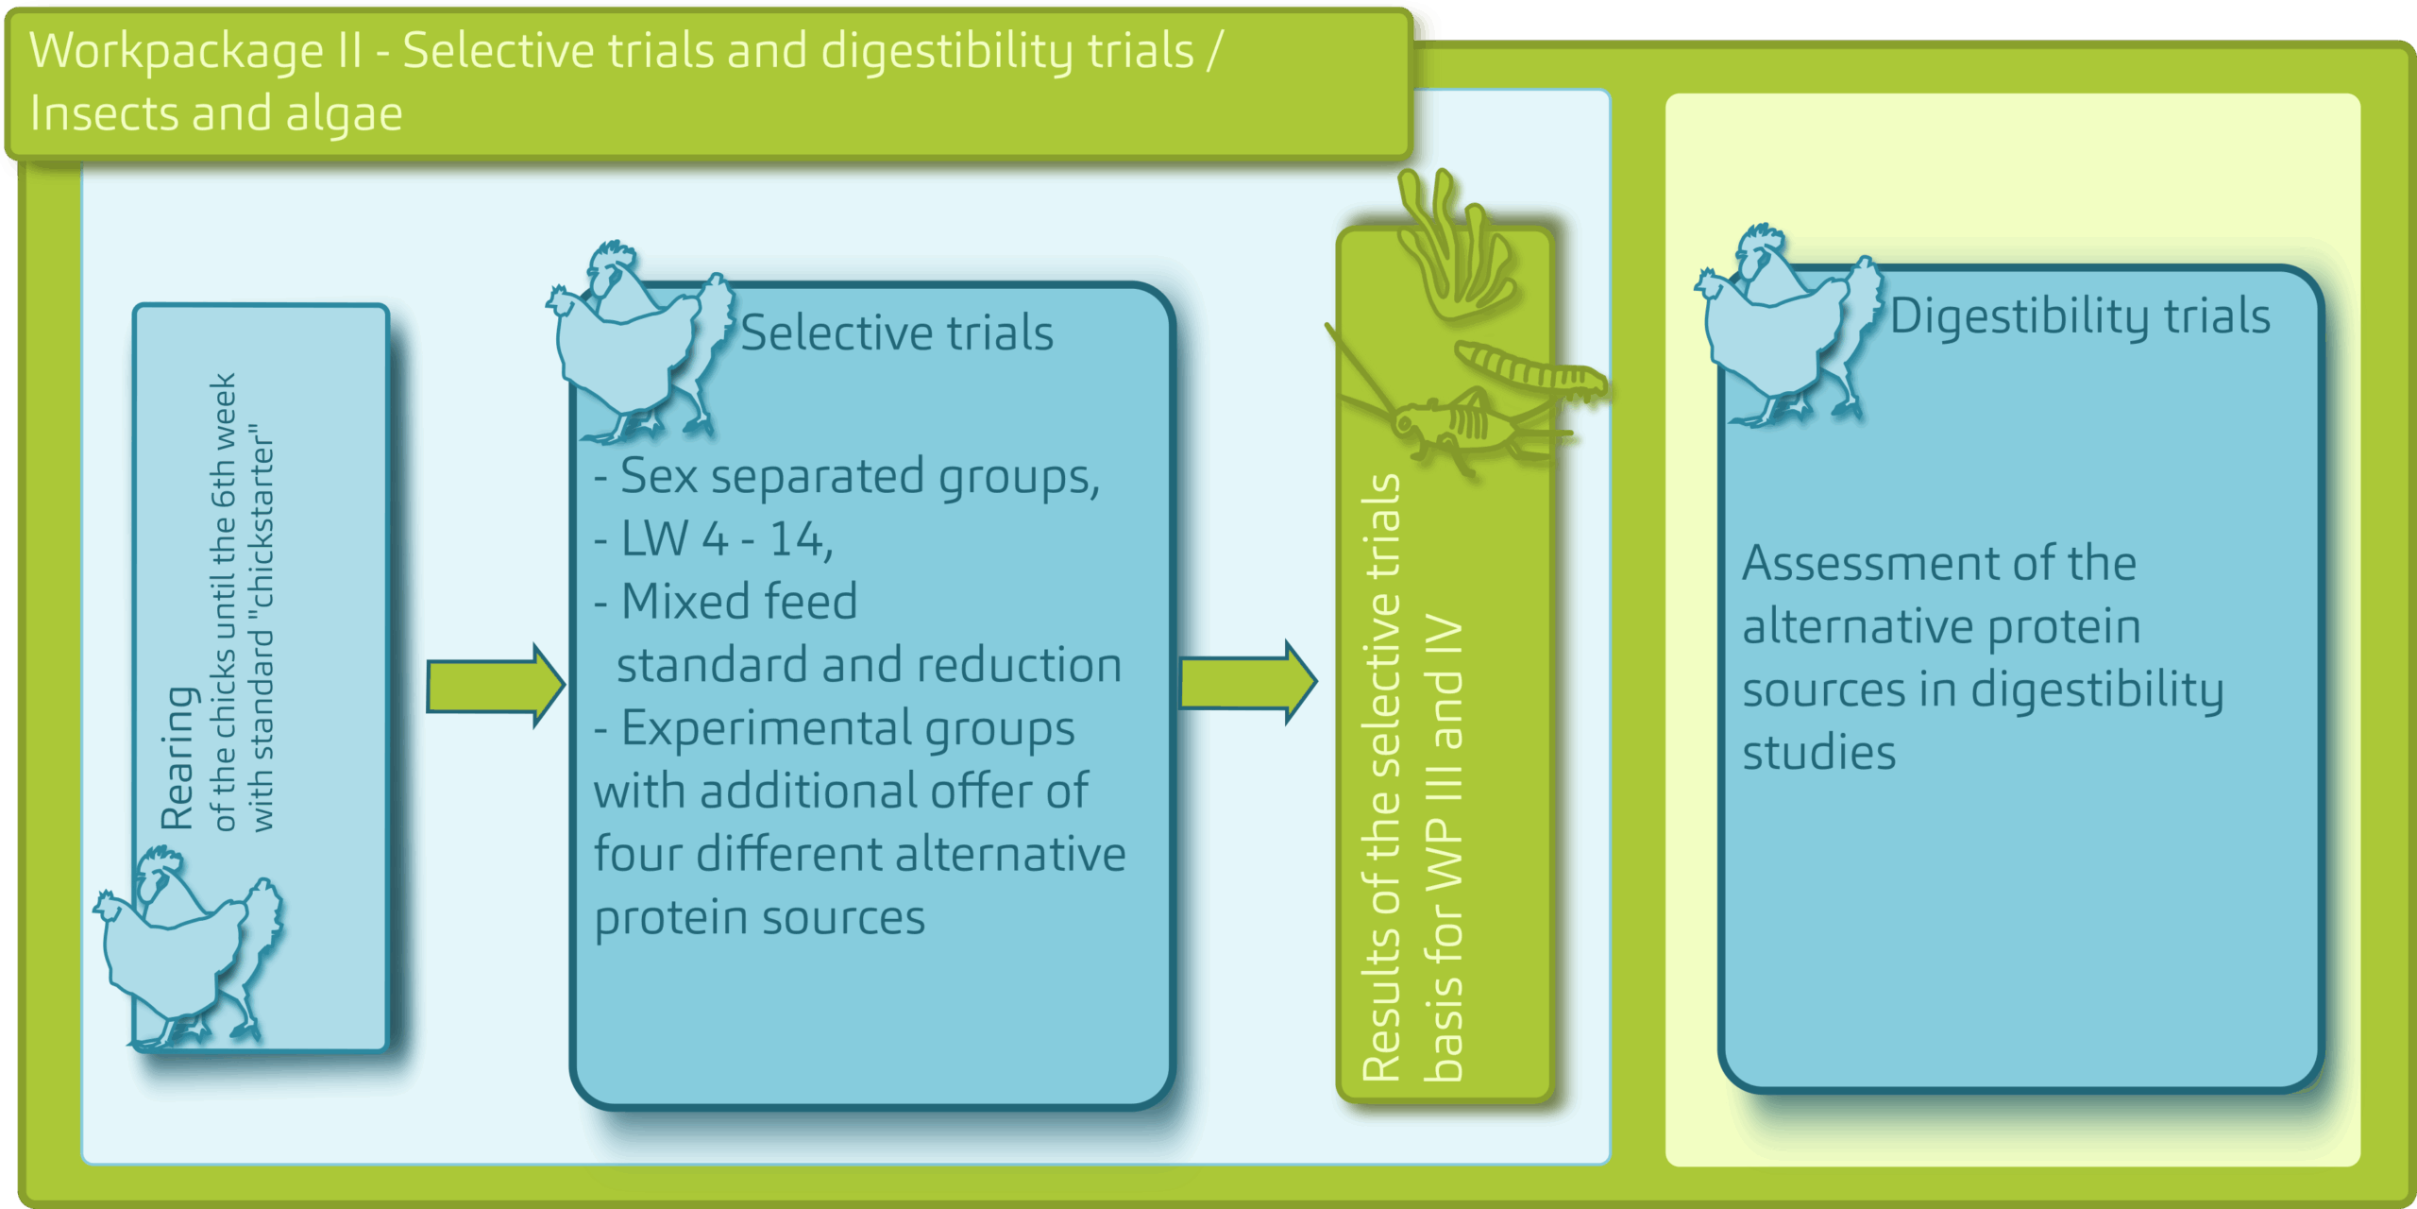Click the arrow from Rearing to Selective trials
point(496,686)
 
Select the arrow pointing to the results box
point(1248,682)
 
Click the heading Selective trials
point(897,332)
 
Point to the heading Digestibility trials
point(2080,315)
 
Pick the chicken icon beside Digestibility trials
point(1787,325)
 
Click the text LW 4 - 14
point(726,539)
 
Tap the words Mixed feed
point(739,601)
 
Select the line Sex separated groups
point(859,476)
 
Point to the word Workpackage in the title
point(177,51)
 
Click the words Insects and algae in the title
point(216,114)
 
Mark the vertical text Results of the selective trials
point(1381,777)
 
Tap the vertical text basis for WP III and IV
point(1444,847)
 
